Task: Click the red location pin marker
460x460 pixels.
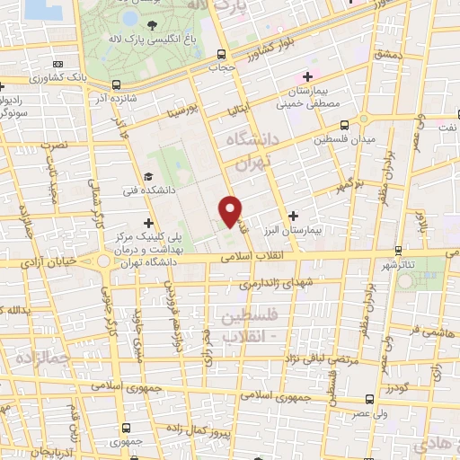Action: point(231,211)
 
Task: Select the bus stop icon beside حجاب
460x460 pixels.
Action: point(220,53)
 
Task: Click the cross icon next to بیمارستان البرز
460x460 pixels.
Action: point(294,216)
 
